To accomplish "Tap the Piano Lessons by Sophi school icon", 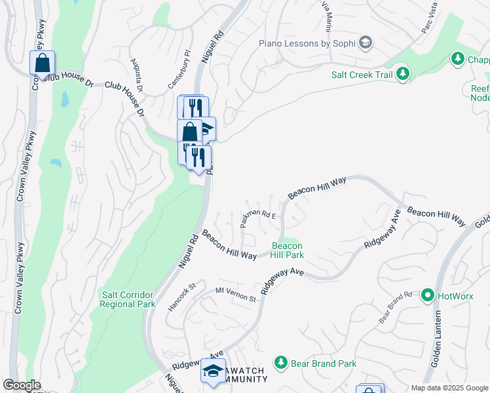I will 366,43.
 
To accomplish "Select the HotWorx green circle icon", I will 428,295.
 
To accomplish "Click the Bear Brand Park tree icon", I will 281,362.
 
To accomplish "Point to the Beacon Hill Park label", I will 288,251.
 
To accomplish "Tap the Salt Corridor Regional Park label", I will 128,299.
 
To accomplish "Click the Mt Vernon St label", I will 235,294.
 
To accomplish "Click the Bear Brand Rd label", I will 395,307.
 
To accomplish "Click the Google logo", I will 22,384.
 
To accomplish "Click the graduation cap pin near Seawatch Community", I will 213,371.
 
